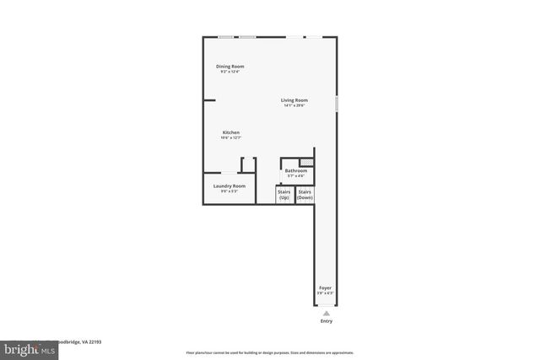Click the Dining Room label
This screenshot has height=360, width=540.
[x=230, y=67]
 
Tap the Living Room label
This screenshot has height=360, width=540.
[x=294, y=100]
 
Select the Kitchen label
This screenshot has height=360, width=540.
[x=230, y=132]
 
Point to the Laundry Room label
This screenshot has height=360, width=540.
[x=229, y=185]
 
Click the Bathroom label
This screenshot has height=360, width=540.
[x=296, y=171]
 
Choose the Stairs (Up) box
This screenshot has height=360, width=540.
[x=284, y=195]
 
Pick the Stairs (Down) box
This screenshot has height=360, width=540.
[x=305, y=195]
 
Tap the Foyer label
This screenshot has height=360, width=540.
[x=326, y=288]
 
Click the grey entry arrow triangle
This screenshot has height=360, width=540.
[x=327, y=313]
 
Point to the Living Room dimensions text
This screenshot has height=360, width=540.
[x=294, y=105]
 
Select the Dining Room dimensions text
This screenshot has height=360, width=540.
[x=230, y=72]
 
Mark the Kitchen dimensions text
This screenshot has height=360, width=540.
[x=230, y=138]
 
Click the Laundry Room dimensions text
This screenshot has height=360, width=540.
[x=229, y=191]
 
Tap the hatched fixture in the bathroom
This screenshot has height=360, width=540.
[x=307, y=162]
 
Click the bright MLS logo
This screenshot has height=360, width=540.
[x=18, y=347]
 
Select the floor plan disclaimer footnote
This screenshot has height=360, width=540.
[x=270, y=352]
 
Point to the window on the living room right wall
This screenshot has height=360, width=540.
[x=337, y=104]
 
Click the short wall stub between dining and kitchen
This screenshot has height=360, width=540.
[x=209, y=100]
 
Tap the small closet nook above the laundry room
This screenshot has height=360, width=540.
[x=249, y=164]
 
